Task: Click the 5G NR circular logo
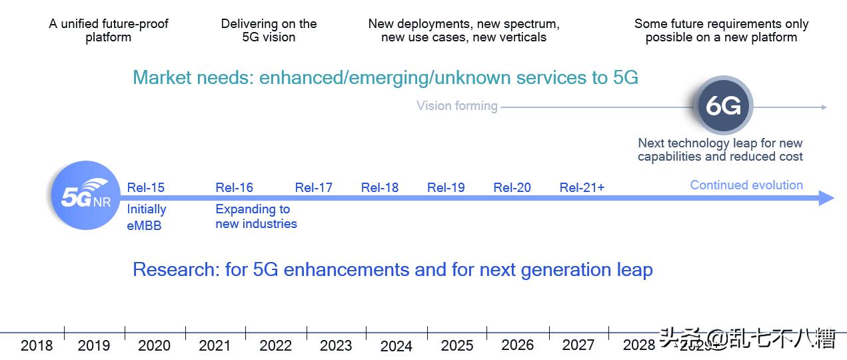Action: pyautogui.click(x=85, y=196)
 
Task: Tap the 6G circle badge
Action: pyautogui.click(x=723, y=106)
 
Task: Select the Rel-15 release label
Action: pyautogui.click(x=145, y=187)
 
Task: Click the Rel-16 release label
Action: pyautogui.click(x=234, y=187)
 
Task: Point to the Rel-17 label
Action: pyautogui.click(x=313, y=187)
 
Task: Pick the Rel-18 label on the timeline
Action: pyautogui.click(x=379, y=187)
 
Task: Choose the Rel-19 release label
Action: pyautogui.click(x=446, y=187)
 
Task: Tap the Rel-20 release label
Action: pyautogui.click(x=512, y=187)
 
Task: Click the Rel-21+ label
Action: pyautogui.click(x=582, y=187)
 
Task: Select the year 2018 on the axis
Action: pyautogui.click(x=37, y=345)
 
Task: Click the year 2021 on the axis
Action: pyautogui.click(x=215, y=345)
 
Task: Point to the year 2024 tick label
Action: pyautogui.click(x=396, y=346)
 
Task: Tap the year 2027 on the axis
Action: pyautogui.click(x=578, y=345)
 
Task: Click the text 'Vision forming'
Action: pyautogui.click(x=456, y=106)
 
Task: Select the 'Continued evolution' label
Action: pyautogui.click(x=746, y=185)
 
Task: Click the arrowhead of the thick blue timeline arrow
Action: pyautogui.click(x=826, y=198)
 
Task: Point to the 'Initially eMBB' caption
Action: pyautogui.click(x=146, y=217)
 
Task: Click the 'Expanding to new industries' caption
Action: pyautogui.click(x=256, y=217)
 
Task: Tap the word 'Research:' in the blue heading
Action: pyautogui.click(x=176, y=270)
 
